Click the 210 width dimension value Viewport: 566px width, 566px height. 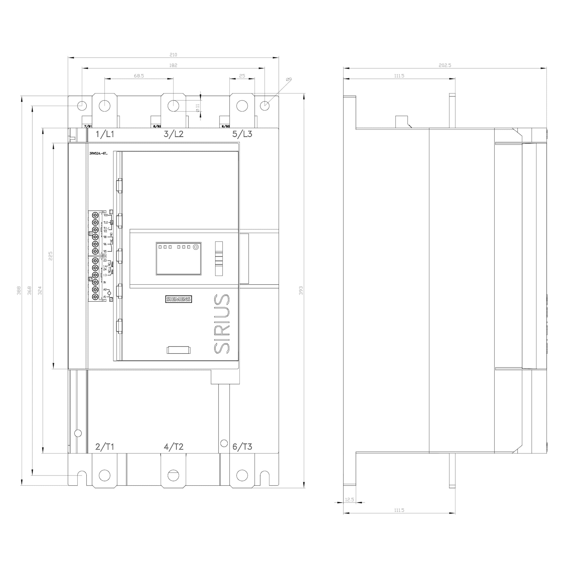[173, 55]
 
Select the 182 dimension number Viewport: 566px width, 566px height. [173, 65]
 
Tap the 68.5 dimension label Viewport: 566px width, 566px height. [139, 76]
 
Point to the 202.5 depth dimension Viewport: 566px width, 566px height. [445, 65]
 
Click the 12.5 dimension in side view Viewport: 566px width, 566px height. [350, 499]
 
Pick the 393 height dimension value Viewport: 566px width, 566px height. [301, 290]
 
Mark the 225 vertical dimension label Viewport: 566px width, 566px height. [51, 256]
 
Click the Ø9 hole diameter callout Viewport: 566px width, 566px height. [289, 80]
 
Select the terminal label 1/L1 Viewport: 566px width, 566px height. [105, 134]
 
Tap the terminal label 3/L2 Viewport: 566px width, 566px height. [173, 134]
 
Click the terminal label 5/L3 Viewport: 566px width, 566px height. [242, 134]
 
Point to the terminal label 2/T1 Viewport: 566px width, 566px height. [105, 447]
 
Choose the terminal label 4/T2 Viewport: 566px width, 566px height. [173, 447]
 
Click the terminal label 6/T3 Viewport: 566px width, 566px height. [242, 447]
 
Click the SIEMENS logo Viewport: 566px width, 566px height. [178, 299]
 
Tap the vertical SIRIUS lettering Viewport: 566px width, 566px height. [222, 323]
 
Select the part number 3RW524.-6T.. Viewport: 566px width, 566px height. [98, 153]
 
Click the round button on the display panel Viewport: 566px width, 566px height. [196, 247]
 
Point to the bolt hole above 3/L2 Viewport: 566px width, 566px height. [173, 106]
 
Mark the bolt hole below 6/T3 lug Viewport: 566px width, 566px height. [242, 475]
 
